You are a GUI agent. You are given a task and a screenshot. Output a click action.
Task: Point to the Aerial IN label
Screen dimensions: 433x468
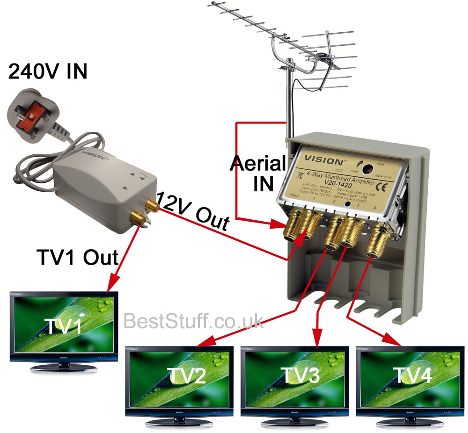[x=258, y=173]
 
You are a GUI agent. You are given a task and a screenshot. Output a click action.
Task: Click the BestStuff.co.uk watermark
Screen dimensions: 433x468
[x=194, y=322]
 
